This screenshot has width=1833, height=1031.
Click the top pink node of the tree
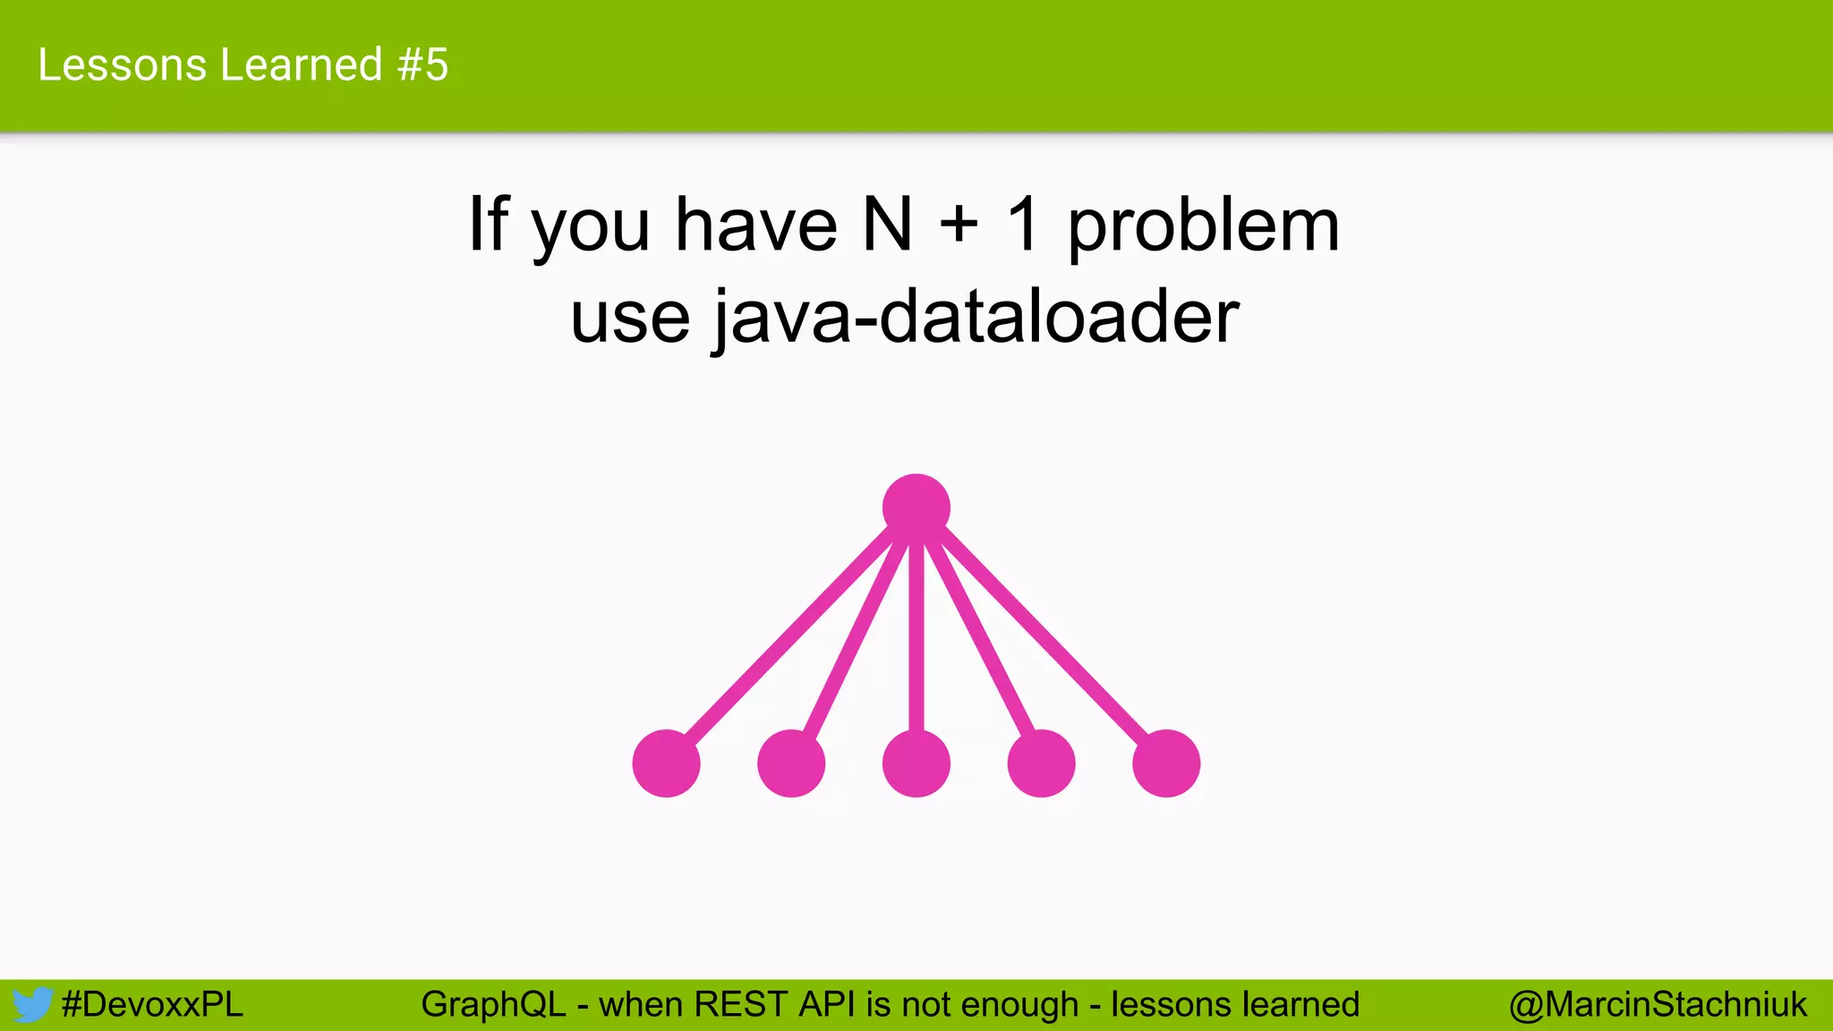916,507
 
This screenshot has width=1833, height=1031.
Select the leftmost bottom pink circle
666,763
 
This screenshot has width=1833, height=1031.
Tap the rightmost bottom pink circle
1166,763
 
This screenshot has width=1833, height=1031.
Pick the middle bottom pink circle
916,763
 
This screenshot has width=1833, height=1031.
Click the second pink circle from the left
791,763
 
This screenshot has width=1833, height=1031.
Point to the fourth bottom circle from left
1041,763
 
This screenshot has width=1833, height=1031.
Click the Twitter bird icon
32,1004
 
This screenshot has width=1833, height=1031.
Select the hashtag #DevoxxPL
152,1004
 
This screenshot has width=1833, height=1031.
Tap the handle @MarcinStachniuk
1658,1004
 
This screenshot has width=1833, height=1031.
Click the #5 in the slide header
423,65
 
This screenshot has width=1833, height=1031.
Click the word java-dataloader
976,317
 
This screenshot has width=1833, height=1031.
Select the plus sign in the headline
959,225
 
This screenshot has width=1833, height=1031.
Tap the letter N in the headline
887,225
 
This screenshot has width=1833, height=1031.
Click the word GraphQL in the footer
493,1004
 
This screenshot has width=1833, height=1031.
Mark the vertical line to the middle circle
916,635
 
